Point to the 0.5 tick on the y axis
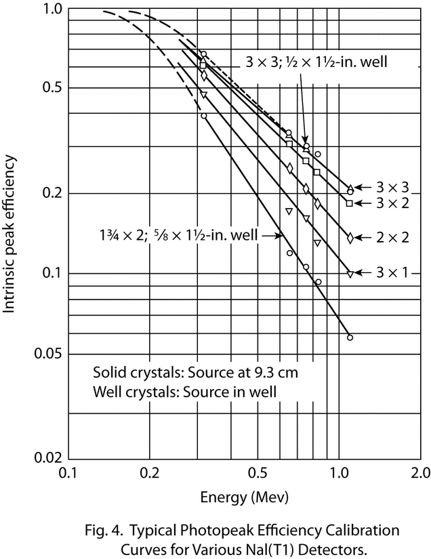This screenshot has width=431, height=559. tap(53, 89)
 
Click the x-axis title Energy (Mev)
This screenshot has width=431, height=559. tap(244, 496)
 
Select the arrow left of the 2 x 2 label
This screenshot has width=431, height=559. tap(364, 236)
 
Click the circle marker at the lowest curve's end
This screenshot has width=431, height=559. tap(350, 337)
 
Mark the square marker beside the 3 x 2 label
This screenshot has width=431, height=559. tap(350, 203)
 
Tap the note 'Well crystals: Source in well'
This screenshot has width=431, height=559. tap(186, 391)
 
